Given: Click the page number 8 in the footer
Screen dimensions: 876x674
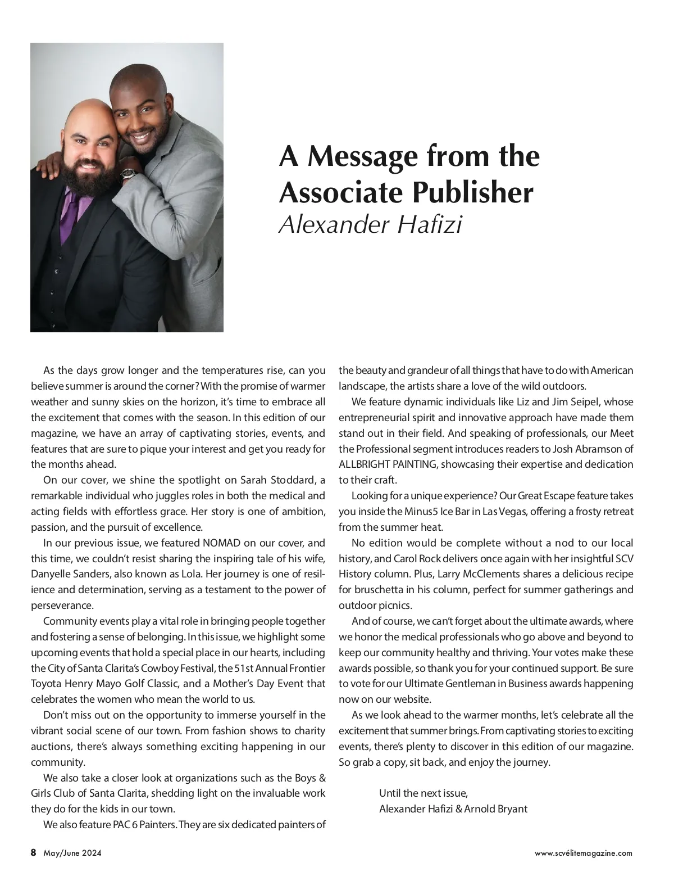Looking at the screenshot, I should point(34,853).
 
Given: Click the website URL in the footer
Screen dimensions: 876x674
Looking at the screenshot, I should point(583,854).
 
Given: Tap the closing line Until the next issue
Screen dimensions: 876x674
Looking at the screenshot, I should point(423,793).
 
